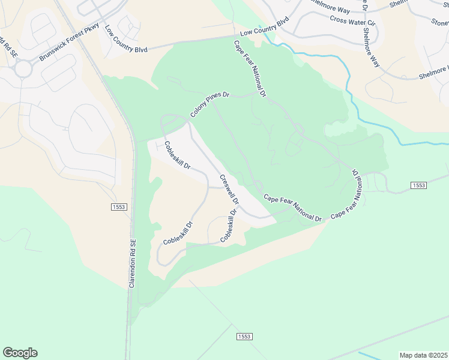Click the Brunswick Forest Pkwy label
pyautogui.click(x=69, y=44)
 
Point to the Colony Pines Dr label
pyautogui.click(x=211, y=104)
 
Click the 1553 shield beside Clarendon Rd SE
pyautogui.click(x=119, y=206)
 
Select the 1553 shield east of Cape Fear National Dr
pyautogui.click(x=419, y=185)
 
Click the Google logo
pyautogui.click(x=20, y=353)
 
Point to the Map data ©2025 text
pyautogui.click(x=423, y=355)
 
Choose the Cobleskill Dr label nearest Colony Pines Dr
pyautogui.click(x=177, y=154)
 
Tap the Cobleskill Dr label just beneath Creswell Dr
pyautogui.click(x=229, y=225)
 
